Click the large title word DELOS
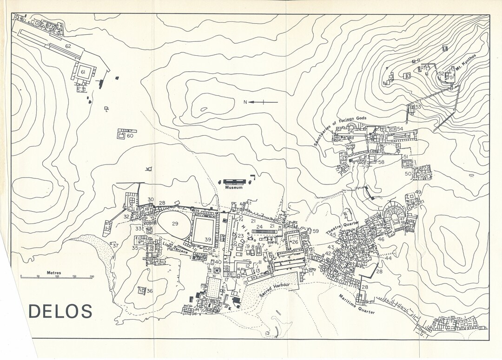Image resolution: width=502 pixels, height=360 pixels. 60,311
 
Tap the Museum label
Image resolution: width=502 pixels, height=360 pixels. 234,188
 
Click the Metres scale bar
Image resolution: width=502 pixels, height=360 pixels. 56,277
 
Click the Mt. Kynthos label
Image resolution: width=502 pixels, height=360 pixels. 465,63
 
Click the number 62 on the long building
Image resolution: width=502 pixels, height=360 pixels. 68,46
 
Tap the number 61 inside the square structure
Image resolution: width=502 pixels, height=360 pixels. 83,72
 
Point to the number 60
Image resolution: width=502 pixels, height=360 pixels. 130,136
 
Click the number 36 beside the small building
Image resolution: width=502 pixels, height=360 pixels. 149,291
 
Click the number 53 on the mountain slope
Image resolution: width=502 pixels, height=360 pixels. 418,107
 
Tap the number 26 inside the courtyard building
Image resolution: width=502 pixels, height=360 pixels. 295,242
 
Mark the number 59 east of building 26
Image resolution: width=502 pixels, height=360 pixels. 316,231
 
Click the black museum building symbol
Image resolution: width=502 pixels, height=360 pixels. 236,182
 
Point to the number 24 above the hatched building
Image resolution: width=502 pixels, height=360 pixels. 259,227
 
